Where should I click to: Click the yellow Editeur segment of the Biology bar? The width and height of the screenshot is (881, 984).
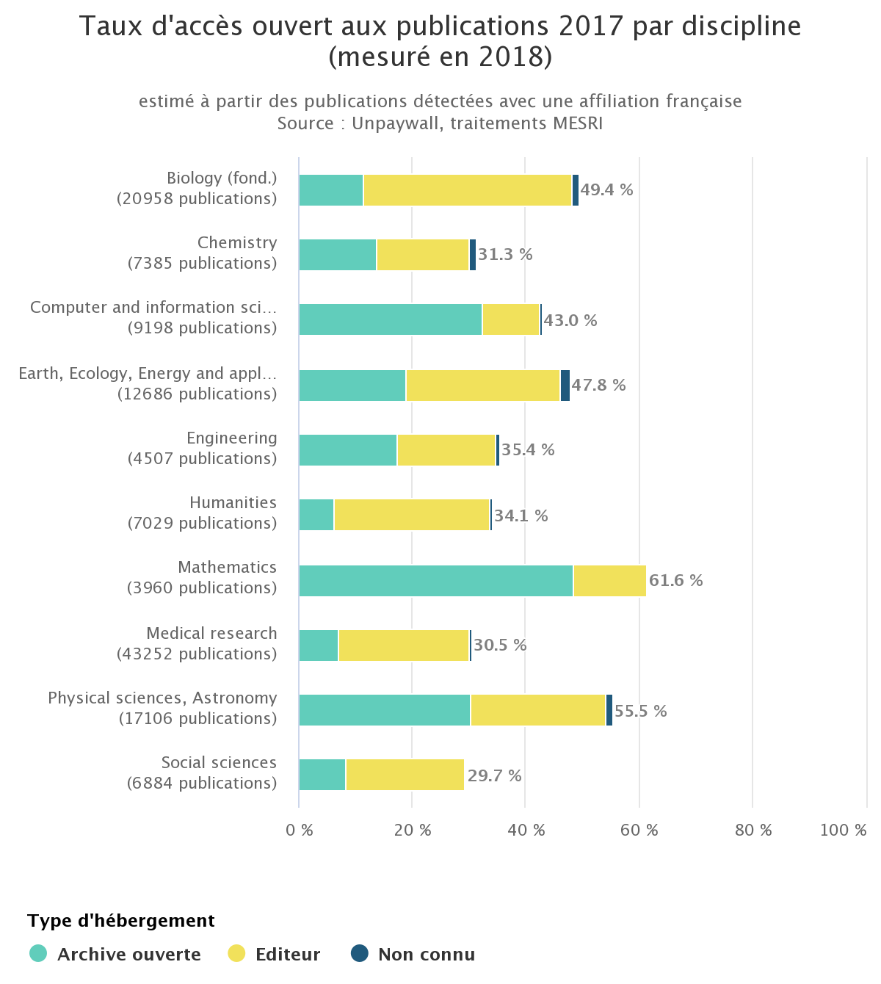(467, 190)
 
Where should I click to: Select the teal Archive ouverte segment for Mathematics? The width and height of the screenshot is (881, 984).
(435, 581)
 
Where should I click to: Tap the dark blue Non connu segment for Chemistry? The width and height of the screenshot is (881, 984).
(473, 255)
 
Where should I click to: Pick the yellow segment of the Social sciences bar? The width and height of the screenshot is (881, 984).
(405, 775)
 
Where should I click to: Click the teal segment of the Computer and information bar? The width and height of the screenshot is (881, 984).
(390, 319)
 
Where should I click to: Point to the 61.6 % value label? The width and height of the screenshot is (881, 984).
(675, 581)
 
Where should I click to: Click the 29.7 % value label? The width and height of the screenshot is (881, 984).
(494, 776)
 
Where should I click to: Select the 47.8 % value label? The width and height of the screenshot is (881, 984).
(598, 386)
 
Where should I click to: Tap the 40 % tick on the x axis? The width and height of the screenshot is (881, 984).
(526, 831)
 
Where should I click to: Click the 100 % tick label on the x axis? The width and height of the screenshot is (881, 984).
(843, 831)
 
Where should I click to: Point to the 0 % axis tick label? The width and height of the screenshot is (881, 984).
(300, 831)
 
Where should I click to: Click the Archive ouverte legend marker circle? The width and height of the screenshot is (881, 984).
(38, 954)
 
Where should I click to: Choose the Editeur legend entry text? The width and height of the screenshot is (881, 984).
(288, 955)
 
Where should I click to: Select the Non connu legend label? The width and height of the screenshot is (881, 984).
(427, 955)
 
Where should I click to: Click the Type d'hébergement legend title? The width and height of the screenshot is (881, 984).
(121, 921)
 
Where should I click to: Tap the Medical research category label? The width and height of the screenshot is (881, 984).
(211, 634)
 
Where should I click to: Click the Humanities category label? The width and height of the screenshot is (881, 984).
(233, 503)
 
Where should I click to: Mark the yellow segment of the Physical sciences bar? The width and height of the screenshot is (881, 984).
(537, 710)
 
